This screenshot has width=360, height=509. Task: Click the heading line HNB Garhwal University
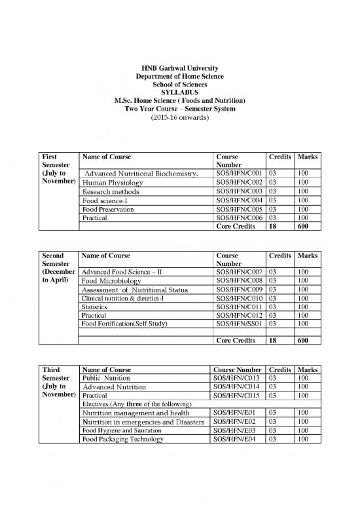(180, 69)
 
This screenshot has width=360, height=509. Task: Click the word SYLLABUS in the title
(180, 92)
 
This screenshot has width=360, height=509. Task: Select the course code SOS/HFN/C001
(239, 173)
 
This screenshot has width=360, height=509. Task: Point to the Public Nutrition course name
(105, 378)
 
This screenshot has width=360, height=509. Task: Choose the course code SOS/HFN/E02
(236, 422)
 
